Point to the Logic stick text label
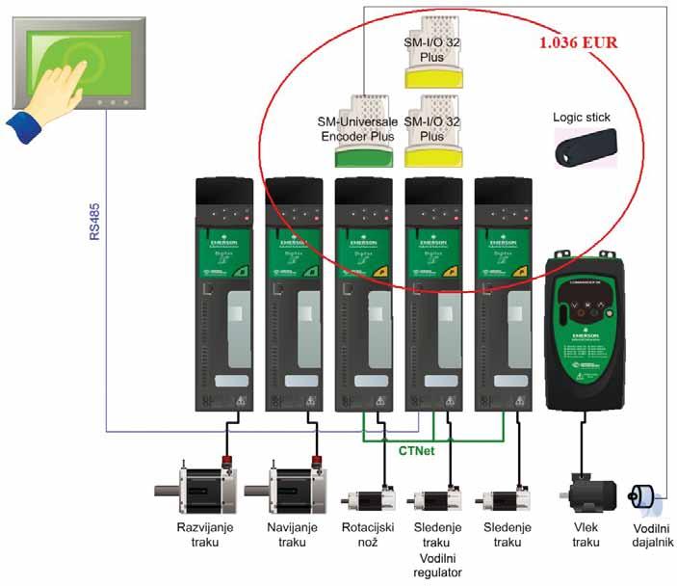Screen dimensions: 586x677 582,118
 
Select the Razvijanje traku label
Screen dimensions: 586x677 199,535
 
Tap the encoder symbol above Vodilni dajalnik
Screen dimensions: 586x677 640,498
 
